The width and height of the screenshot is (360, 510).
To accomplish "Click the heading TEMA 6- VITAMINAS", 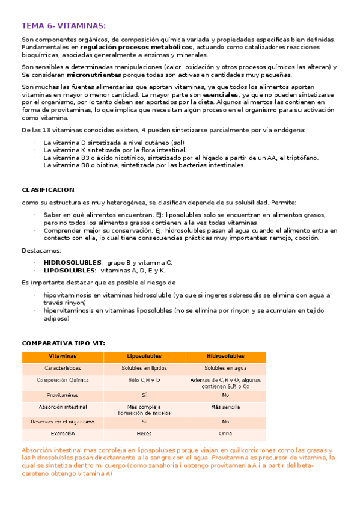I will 64,26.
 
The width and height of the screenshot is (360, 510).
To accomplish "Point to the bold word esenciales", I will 221,95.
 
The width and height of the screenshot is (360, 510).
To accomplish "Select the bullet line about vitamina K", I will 114,150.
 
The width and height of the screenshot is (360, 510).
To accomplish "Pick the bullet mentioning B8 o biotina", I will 144,165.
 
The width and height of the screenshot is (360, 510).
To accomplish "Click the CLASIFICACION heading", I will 48,189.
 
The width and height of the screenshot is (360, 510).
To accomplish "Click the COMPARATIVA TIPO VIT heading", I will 63,343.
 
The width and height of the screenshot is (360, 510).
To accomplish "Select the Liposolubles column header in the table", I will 144,356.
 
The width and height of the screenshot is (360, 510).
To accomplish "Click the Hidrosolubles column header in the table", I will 225,356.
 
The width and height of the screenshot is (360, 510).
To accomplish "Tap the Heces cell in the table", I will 144,433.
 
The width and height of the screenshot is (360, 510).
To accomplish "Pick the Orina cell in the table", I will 225,433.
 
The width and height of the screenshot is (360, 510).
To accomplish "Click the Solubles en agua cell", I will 225,368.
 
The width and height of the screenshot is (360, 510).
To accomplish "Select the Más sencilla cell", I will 225,407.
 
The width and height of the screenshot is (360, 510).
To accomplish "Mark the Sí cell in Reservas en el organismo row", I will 144,422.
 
